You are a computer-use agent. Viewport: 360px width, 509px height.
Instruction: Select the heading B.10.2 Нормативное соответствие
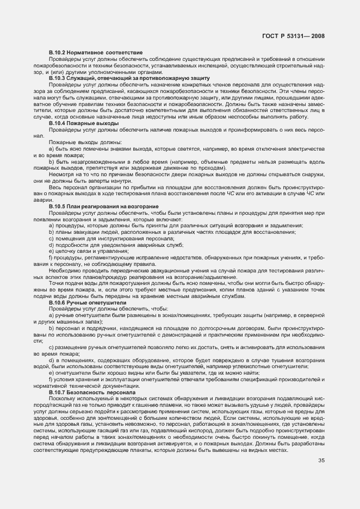[95, 52]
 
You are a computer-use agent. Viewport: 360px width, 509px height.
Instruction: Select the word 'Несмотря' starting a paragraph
[61, 175]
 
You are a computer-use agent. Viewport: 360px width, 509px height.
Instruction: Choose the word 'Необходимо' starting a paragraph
[64, 271]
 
